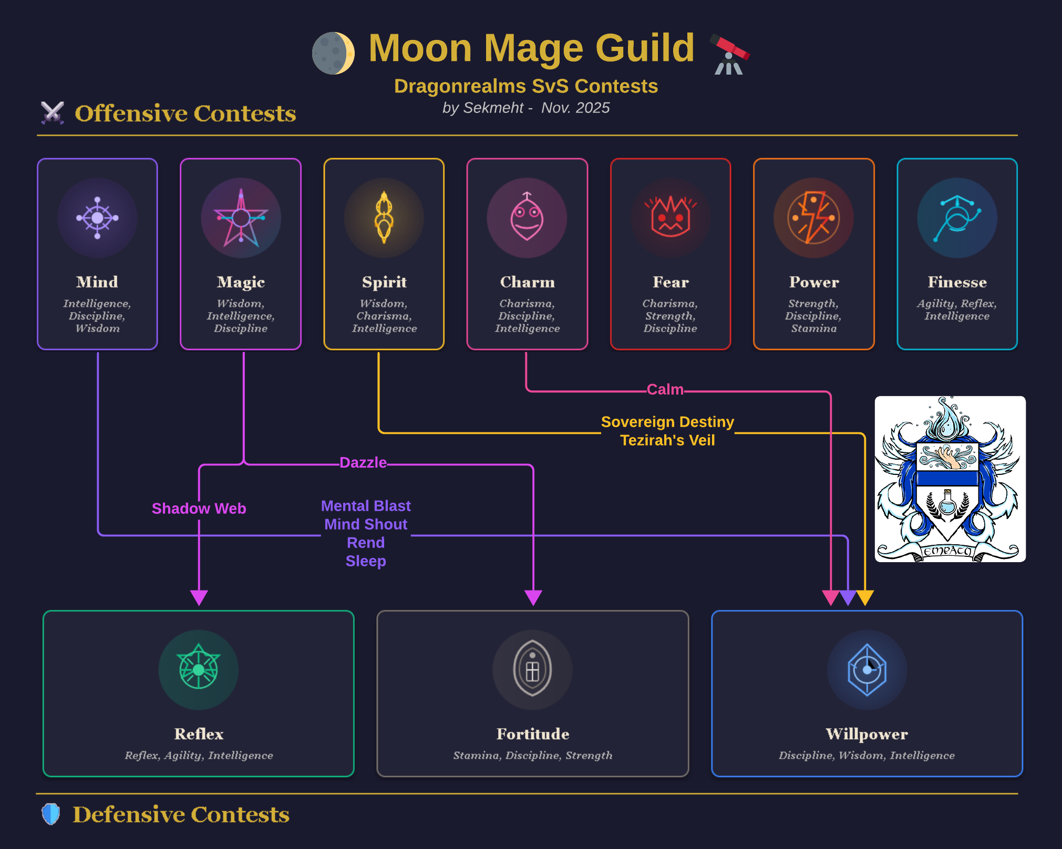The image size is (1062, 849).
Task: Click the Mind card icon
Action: point(97,218)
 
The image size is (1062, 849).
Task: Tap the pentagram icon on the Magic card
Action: point(241,218)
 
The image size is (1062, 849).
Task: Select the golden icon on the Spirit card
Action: point(384,218)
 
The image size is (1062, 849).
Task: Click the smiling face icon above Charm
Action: point(527,218)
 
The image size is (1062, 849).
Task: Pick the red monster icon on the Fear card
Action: point(671,218)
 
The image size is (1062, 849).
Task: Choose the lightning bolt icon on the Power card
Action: point(813,218)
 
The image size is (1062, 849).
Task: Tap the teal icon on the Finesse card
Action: point(957,218)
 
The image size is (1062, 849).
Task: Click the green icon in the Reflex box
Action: point(199,669)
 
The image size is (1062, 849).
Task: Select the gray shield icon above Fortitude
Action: point(532,669)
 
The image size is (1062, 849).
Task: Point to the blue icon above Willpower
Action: point(867,669)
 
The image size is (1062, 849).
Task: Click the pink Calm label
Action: point(665,389)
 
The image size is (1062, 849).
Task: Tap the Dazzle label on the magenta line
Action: point(363,462)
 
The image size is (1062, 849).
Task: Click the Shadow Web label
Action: point(199,509)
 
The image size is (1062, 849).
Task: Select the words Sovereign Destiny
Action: point(667,422)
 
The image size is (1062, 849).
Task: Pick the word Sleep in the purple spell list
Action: point(366,561)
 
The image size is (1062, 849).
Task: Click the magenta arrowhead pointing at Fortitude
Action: point(533,597)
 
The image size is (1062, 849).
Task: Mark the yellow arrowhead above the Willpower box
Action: point(865,597)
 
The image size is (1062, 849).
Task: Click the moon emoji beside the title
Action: point(333,53)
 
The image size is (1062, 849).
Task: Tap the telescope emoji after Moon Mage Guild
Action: point(729,54)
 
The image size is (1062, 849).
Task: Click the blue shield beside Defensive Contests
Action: point(51,814)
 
